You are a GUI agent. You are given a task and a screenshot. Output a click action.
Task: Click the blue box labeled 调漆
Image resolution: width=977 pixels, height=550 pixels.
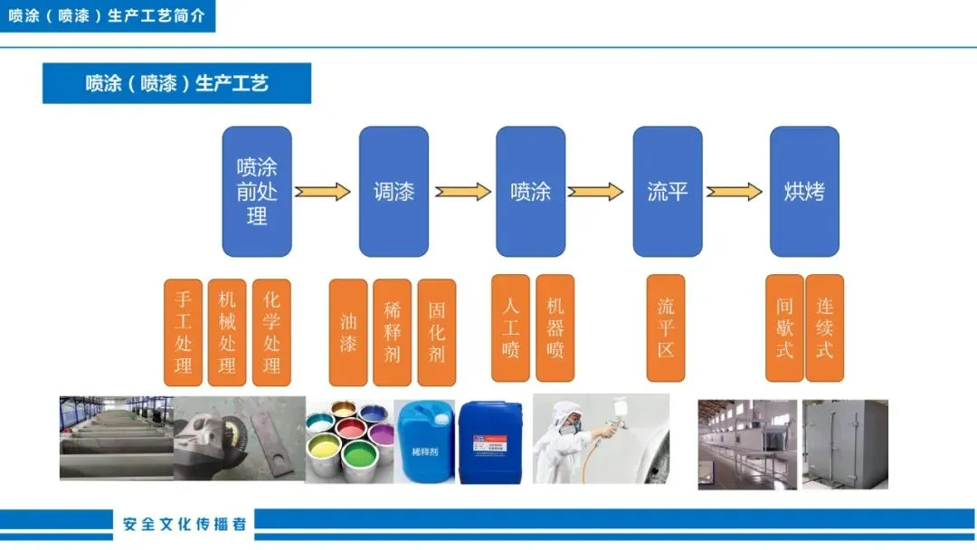point(394,192)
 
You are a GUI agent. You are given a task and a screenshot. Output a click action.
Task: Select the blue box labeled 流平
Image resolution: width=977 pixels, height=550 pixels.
point(668,192)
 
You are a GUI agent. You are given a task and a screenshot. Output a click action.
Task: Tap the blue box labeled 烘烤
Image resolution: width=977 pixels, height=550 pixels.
point(804,192)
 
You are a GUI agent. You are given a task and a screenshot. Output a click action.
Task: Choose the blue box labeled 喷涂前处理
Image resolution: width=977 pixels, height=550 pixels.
point(257,192)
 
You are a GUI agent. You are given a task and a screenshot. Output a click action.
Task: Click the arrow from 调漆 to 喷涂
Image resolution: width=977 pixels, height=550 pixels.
point(463,192)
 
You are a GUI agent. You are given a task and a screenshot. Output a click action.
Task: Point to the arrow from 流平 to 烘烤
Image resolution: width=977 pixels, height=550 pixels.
point(735,192)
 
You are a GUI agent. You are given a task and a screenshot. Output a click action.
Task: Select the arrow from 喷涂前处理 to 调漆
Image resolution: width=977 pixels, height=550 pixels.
point(323,192)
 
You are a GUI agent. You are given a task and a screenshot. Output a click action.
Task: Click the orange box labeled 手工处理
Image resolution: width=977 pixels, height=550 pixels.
point(184,332)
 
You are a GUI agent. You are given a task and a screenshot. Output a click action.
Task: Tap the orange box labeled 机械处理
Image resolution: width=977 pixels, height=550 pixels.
point(227,332)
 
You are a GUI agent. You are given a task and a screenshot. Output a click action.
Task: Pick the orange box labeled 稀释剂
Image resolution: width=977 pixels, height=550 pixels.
point(392,332)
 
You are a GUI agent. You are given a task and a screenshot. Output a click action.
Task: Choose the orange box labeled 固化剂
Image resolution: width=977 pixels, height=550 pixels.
point(436,332)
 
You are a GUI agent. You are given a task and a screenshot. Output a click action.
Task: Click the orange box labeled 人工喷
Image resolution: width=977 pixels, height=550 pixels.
point(510,327)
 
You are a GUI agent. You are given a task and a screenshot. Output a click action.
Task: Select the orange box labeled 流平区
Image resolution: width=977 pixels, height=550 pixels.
point(666,327)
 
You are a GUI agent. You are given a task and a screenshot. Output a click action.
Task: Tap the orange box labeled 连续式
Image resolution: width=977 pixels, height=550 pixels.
point(824,327)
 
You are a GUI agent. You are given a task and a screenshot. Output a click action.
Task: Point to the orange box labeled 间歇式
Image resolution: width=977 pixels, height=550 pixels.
point(784,327)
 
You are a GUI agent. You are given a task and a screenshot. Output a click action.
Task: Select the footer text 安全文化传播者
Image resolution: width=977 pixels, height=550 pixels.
point(185,524)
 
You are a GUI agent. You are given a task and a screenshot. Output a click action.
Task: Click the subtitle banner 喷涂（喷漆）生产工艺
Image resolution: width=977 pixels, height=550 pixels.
point(177,83)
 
